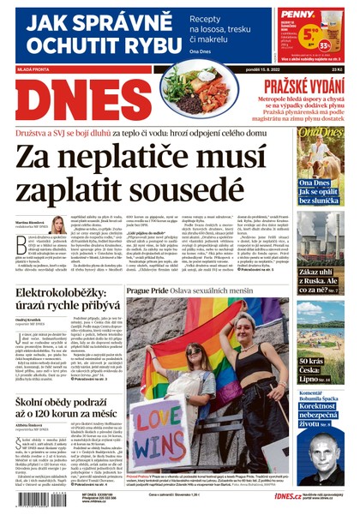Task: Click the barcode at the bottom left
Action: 33,499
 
